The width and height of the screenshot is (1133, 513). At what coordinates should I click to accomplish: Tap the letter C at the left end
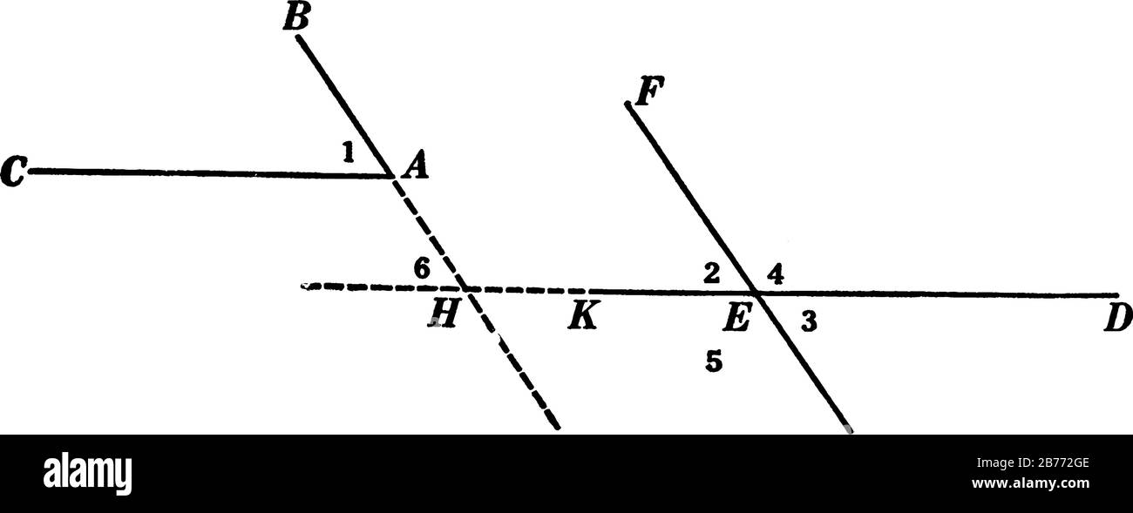(14, 173)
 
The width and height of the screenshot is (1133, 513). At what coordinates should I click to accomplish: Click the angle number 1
(348, 154)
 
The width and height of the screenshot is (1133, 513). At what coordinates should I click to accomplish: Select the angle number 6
(421, 269)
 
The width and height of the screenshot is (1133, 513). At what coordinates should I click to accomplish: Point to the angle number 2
(712, 273)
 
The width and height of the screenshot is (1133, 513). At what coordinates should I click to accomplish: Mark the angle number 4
(776, 273)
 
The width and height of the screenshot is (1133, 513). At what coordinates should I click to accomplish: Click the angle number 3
(809, 323)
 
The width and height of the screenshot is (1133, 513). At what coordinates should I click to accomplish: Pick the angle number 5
(714, 362)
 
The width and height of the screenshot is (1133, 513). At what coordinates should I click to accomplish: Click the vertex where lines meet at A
(391, 175)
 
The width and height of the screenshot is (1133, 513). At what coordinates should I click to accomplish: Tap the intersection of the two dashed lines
(465, 287)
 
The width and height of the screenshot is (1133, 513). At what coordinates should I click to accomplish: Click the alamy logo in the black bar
(88, 473)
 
